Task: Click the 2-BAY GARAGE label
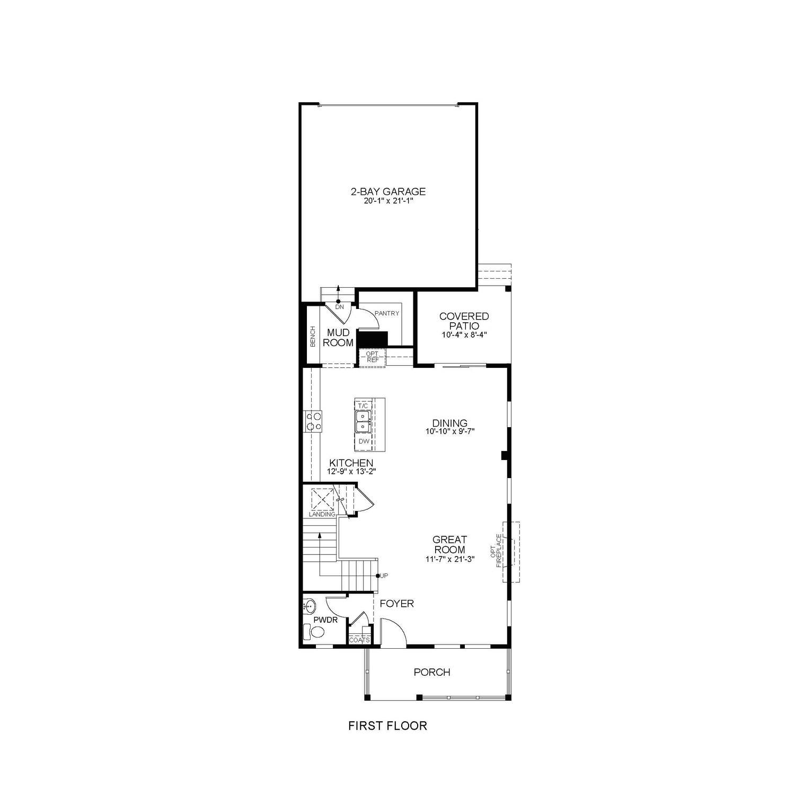[388, 192]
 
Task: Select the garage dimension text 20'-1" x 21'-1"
[388, 201]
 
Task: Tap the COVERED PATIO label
[464, 321]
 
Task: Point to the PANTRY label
[386, 313]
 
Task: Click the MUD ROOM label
[338, 337]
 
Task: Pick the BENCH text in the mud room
[313, 337]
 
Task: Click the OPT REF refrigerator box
[372, 357]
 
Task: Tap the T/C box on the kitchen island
[363, 405]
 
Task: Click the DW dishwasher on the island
[364, 441]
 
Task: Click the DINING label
[449, 423]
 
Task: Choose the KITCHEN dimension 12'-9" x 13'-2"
[351, 472]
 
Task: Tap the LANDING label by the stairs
[322, 514]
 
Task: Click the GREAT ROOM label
[449, 545]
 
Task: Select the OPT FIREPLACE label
[498, 551]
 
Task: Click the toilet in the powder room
[315, 632]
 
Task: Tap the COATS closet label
[360, 640]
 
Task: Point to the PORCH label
[432, 672]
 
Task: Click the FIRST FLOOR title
[387, 726]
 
